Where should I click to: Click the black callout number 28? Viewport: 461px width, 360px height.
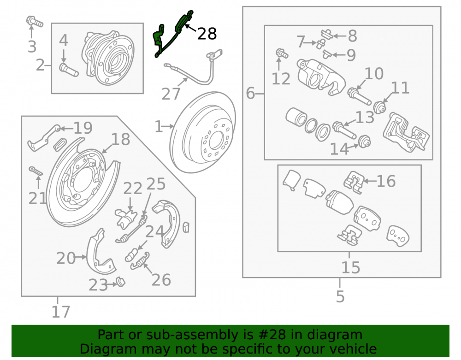click(x=207, y=34)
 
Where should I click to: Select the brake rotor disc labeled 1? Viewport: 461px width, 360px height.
click(x=202, y=132)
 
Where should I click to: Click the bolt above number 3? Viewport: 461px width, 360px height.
click(x=35, y=21)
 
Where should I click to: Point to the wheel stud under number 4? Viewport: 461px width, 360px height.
click(x=69, y=70)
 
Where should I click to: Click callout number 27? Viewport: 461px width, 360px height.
click(x=171, y=94)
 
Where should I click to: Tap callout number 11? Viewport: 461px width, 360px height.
click(x=400, y=88)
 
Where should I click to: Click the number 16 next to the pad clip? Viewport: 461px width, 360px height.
click(x=386, y=181)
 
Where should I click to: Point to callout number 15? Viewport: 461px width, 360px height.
click(x=350, y=267)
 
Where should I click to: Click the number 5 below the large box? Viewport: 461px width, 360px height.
click(x=340, y=296)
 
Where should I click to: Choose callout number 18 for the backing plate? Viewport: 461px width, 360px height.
click(x=120, y=139)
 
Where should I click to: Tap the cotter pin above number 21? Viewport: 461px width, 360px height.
click(x=36, y=171)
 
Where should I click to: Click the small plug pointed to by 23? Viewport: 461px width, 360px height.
click(x=121, y=282)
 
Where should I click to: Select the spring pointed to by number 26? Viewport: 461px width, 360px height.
click(x=140, y=261)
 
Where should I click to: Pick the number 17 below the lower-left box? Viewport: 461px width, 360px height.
click(x=61, y=312)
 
